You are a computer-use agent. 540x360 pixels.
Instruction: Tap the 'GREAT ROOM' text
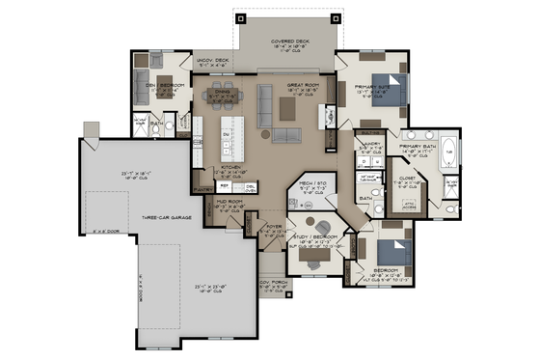(x=304, y=86)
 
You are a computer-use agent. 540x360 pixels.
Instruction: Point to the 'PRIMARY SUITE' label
(x=370, y=87)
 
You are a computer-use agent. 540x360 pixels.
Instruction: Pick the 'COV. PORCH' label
(x=274, y=282)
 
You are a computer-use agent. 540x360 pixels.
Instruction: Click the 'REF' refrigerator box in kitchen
(x=226, y=185)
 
